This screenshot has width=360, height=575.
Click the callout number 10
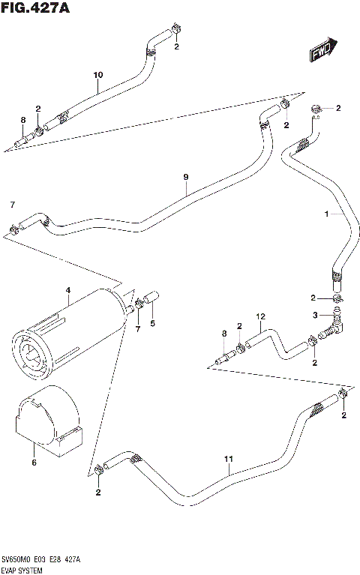point(97,75)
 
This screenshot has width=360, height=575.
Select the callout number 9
point(185,177)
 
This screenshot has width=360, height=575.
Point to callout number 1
point(327,214)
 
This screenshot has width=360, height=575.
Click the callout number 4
point(67,290)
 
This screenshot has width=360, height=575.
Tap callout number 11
point(229,459)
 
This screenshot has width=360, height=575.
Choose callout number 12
point(260,316)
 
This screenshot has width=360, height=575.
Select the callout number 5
point(153,324)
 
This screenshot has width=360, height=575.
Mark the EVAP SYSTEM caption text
point(25,569)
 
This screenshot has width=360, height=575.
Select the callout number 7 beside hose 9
point(12,204)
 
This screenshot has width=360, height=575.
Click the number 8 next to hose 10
point(22,119)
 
